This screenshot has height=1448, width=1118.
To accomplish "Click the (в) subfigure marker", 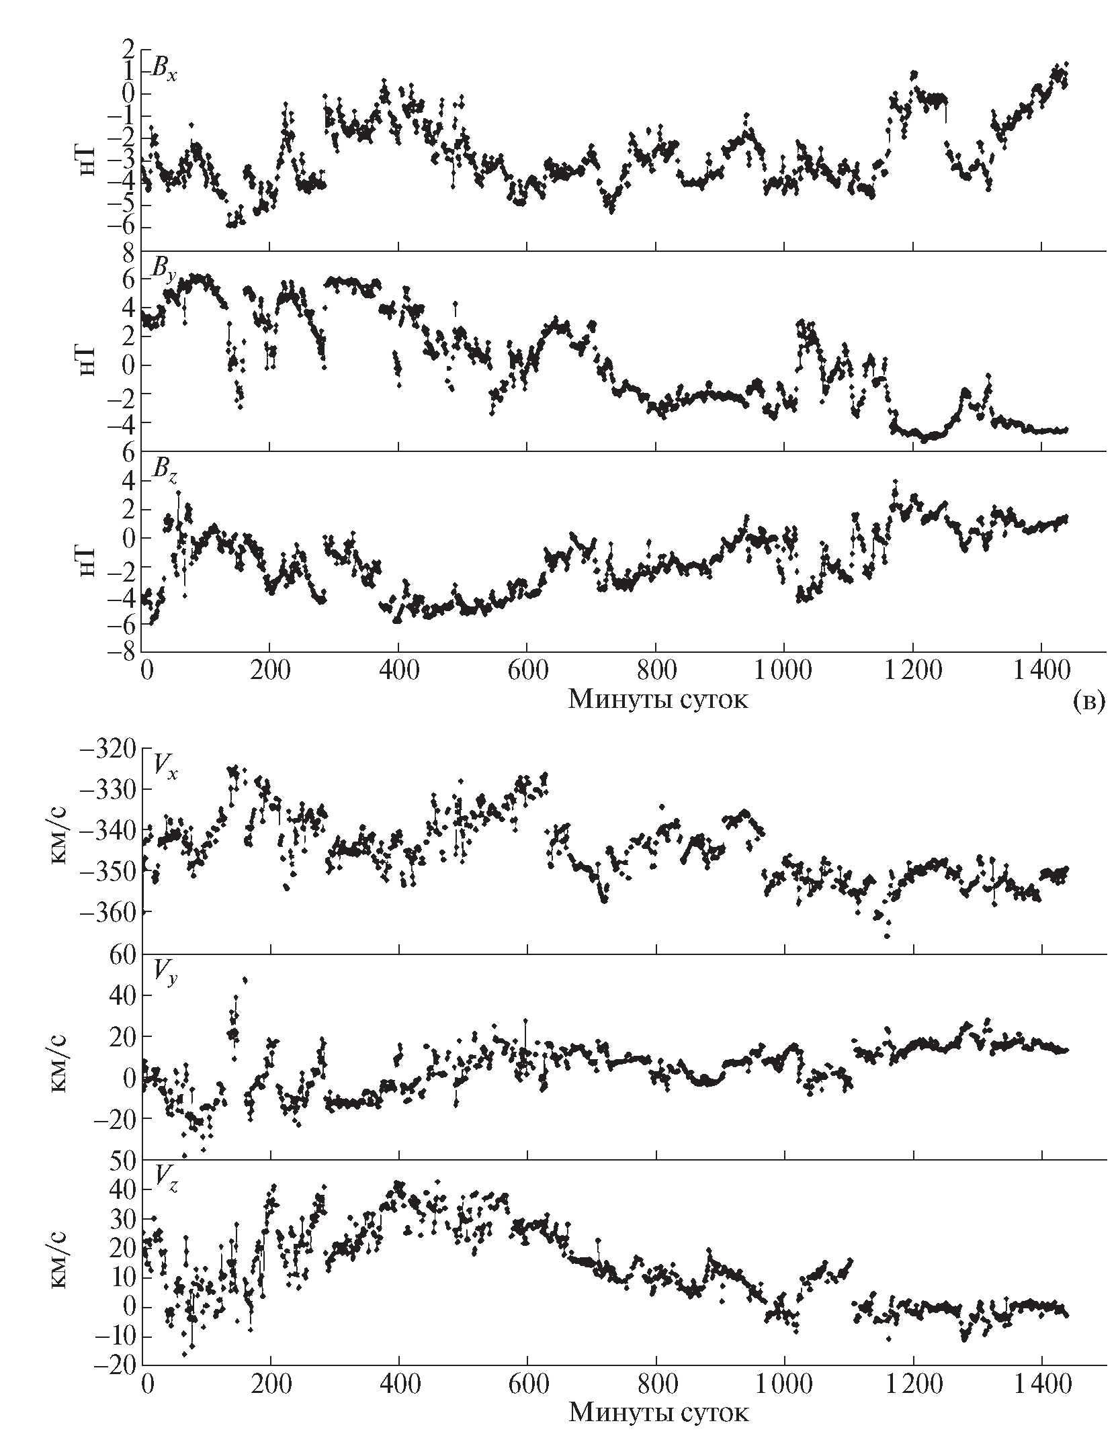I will [1086, 701].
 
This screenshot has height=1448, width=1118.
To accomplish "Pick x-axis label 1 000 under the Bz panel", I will [783, 672].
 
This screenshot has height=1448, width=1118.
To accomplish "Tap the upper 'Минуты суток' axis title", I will [658, 700].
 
